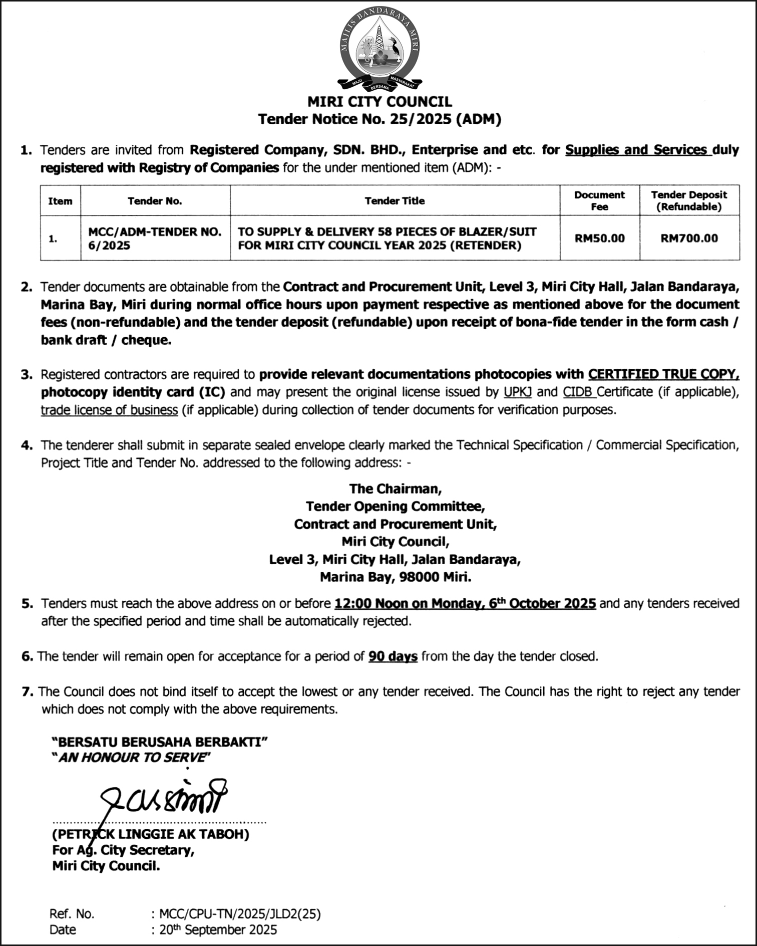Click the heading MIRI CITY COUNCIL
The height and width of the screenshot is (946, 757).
point(379,102)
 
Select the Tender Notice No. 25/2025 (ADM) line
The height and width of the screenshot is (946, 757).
point(379,119)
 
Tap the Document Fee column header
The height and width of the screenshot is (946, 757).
point(599,200)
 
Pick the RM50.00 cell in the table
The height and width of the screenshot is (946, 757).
point(599,239)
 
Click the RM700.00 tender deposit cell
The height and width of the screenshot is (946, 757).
point(689,239)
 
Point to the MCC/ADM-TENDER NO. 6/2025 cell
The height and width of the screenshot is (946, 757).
point(155,239)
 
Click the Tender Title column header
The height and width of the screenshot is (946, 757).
point(395,201)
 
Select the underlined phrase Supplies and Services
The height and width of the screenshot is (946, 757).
point(637,150)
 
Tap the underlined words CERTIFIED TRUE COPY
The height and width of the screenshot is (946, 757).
point(663,374)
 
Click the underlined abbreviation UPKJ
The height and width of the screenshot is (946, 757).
point(518,392)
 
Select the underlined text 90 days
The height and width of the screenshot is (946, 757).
point(393,656)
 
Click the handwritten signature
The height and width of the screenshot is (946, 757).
point(163,797)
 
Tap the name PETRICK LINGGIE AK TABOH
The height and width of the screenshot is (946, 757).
point(151,834)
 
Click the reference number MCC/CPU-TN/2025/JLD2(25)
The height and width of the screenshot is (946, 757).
point(240,914)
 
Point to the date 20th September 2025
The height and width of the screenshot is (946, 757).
point(218,930)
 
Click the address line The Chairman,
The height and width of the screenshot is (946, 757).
point(395,489)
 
